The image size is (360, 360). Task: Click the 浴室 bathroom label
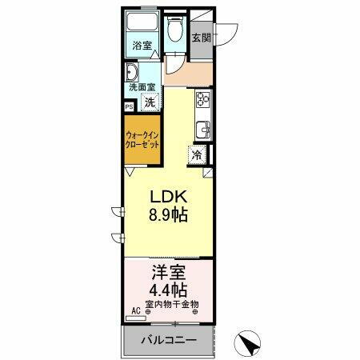(142, 46)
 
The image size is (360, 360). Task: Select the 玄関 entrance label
(202, 38)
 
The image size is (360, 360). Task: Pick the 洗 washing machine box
(150, 102)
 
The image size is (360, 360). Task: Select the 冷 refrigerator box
(196, 154)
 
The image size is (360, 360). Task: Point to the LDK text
(167, 197)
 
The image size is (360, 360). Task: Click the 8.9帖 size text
(167, 215)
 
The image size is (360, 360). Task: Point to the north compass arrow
(250, 345)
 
